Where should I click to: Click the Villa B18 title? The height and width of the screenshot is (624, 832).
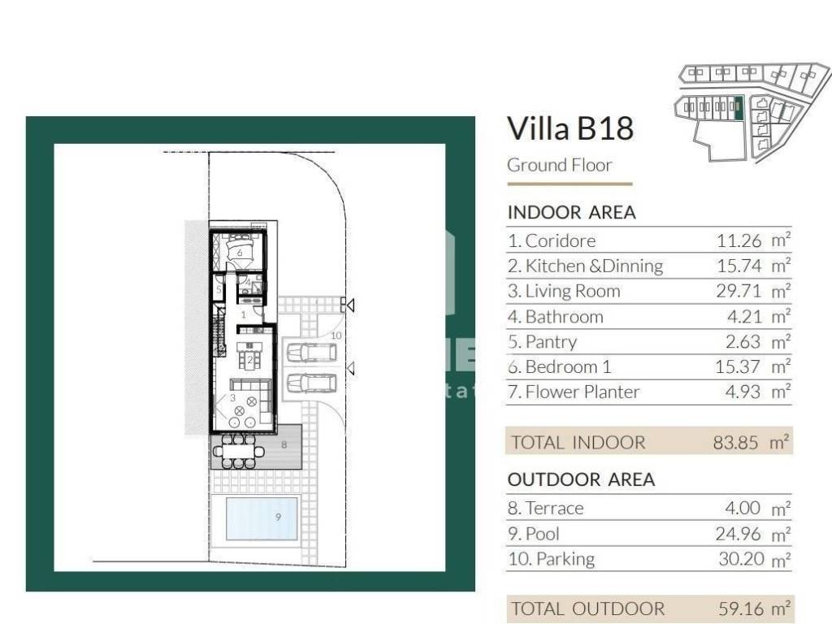tap(570, 128)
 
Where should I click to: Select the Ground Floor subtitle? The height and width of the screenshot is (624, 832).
tap(559, 165)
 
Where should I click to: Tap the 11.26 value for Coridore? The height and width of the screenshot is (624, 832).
tap(739, 240)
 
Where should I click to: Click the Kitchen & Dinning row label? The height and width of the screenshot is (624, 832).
tap(585, 266)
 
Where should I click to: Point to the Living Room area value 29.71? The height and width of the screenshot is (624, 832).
tap(739, 292)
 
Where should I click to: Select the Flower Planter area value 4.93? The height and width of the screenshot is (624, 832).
tap(743, 392)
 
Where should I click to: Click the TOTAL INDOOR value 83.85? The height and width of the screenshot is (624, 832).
tap(735, 443)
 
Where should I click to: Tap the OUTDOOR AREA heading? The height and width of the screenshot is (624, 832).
tap(581, 479)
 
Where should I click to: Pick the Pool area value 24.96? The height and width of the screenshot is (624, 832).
tap(738, 534)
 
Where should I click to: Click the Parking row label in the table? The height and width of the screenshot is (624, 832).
tap(552, 559)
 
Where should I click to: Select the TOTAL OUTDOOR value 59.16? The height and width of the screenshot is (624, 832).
tap(741, 609)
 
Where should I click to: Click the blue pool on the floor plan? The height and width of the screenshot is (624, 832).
tap(262, 518)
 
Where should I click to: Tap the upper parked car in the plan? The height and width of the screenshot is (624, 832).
tap(311, 353)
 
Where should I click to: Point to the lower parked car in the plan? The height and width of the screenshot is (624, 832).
tap(311, 383)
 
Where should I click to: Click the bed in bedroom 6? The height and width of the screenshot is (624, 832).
tap(240, 250)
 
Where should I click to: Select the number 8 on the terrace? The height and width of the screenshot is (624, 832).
tap(284, 444)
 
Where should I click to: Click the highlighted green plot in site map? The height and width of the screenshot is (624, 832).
tap(739, 108)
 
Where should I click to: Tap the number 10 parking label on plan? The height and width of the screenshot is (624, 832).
tap(336, 336)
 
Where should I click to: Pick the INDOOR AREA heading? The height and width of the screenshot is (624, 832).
tap(571, 213)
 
